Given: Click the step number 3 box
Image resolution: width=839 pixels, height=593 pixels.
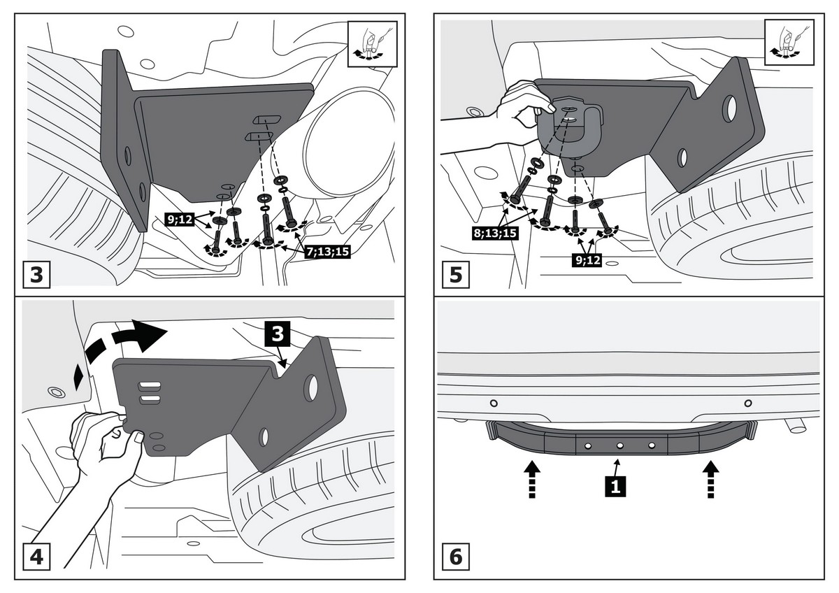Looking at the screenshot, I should point(36,273).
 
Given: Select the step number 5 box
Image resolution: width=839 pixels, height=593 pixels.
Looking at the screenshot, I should point(455,273).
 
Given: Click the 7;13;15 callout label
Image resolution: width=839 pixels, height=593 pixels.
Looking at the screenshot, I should point(327,252).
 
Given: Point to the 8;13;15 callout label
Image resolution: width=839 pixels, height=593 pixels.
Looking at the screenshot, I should point(495,232).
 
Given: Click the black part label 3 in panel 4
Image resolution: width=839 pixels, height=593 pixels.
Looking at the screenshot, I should point(278,334).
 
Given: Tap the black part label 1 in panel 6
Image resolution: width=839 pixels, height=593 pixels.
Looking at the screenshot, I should point(615,486).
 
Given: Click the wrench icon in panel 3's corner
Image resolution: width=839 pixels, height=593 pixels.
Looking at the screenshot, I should point(372,43).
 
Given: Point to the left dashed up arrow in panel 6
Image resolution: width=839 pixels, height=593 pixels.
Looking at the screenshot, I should point(531,478).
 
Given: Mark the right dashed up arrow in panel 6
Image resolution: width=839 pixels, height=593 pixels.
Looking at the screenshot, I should point(711,478).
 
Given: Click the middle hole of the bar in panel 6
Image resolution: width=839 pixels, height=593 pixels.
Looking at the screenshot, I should point(619,445).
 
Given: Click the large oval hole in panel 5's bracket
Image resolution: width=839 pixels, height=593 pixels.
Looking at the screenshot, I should point(729,108).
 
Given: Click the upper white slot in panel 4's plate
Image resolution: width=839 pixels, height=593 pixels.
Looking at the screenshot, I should point(150,385).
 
